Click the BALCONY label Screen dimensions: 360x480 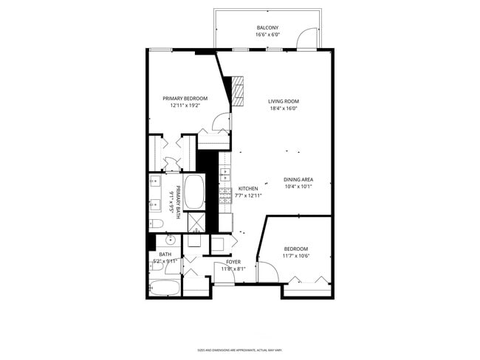tap(267, 27)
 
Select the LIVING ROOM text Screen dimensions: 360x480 tap(284, 101)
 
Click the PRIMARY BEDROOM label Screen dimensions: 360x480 tap(185, 98)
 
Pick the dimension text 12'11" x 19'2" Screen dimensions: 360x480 tap(185, 105)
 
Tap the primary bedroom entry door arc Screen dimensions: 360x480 tap(220, 123)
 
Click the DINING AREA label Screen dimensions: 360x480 tap(298, 179)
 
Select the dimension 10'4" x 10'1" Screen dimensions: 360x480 tap(298, 187)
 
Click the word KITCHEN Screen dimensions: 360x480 tap(247, 188)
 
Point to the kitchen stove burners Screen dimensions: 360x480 tap(225, 195)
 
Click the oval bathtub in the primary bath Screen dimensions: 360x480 tap(194, 192)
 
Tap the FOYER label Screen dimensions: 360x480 tap(233, 262)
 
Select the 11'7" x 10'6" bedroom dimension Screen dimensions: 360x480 tap(295, 256)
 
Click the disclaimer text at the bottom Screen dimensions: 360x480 tap(240, 350)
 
